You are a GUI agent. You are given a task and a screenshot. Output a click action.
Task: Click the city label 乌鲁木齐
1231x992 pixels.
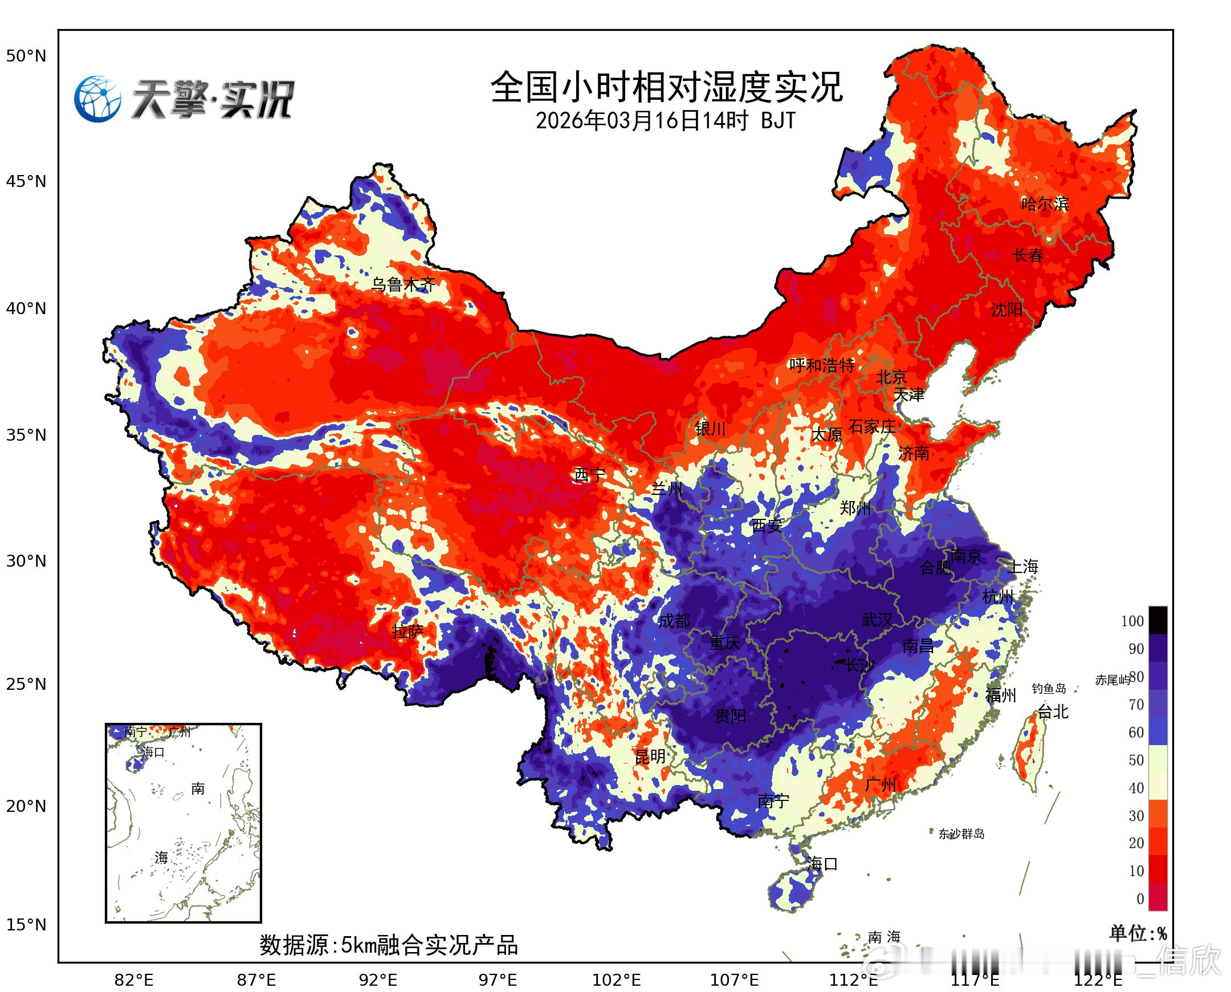coord(403,284)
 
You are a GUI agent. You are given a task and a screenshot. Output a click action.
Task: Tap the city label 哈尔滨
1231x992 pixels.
coord(1045,204)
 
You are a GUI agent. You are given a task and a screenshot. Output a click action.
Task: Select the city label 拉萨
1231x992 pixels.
coord(408,632)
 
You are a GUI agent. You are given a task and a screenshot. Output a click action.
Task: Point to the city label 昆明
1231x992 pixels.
coord(650,757)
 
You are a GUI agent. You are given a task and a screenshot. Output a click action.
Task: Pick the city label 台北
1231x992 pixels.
coord(1052,712)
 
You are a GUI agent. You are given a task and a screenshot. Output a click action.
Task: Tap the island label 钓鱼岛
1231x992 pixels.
coord(1049,689)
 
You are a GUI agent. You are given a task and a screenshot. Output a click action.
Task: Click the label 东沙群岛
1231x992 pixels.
coord(961,834)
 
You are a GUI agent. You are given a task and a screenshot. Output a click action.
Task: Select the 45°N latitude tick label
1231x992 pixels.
coord(26,182)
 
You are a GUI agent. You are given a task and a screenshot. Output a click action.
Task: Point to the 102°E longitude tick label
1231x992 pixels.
coord(617,980)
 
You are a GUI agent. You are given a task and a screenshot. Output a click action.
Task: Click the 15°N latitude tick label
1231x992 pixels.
coord(26,924)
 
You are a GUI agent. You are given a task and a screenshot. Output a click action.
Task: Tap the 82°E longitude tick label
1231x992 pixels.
coord(134,980)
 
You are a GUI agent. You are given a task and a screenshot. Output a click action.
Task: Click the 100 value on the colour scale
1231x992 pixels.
coord(1132,621)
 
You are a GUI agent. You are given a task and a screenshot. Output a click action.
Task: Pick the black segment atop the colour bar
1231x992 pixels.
coord(1158,620)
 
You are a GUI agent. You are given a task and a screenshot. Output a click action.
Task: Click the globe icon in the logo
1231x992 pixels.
coord(97,99)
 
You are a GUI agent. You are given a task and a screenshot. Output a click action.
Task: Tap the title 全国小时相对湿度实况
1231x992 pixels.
coord(666,87)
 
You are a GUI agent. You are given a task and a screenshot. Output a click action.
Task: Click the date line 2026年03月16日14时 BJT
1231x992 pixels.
coord(666,120)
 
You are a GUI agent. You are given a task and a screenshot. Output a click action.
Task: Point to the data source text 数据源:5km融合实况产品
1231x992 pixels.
coord(389,945)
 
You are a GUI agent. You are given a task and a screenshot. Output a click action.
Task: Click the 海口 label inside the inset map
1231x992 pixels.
coord(153,752)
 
